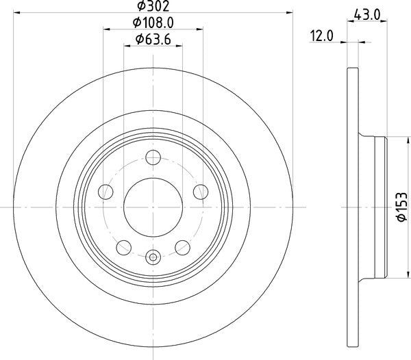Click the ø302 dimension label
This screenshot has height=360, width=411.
[153, 6]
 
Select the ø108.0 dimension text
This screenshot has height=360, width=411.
[153, 23]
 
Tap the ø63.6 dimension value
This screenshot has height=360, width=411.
[153, 40]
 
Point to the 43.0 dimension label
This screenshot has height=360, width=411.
[367, 14]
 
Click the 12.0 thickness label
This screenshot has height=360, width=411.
[322, 36]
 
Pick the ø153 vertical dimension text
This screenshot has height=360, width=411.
[402, 207]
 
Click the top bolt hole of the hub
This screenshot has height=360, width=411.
[153, 157]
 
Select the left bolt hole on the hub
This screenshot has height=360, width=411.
[105, 192]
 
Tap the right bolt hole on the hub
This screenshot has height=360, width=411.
[201, 192]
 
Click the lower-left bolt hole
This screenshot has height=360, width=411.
[124, 248]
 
